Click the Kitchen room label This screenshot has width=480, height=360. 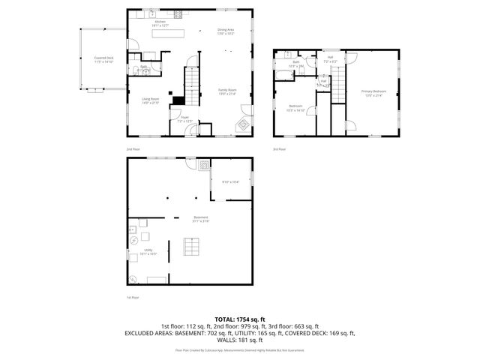[x=160, y=23]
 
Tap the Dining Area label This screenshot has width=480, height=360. [x=226, y=31]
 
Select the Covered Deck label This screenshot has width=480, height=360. [x=103, y=59]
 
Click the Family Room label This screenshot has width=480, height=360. [x=226, y=91]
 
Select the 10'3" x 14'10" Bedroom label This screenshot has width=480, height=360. [x=295, y=108]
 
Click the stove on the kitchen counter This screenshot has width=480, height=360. [x=178, y=14]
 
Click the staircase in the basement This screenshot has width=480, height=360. [x=193, y=247]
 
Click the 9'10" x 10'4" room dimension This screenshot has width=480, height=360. [x=230, y=181]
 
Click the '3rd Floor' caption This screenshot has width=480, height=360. [x=280, y=149]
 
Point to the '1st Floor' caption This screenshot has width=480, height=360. [x=132, y=298]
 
